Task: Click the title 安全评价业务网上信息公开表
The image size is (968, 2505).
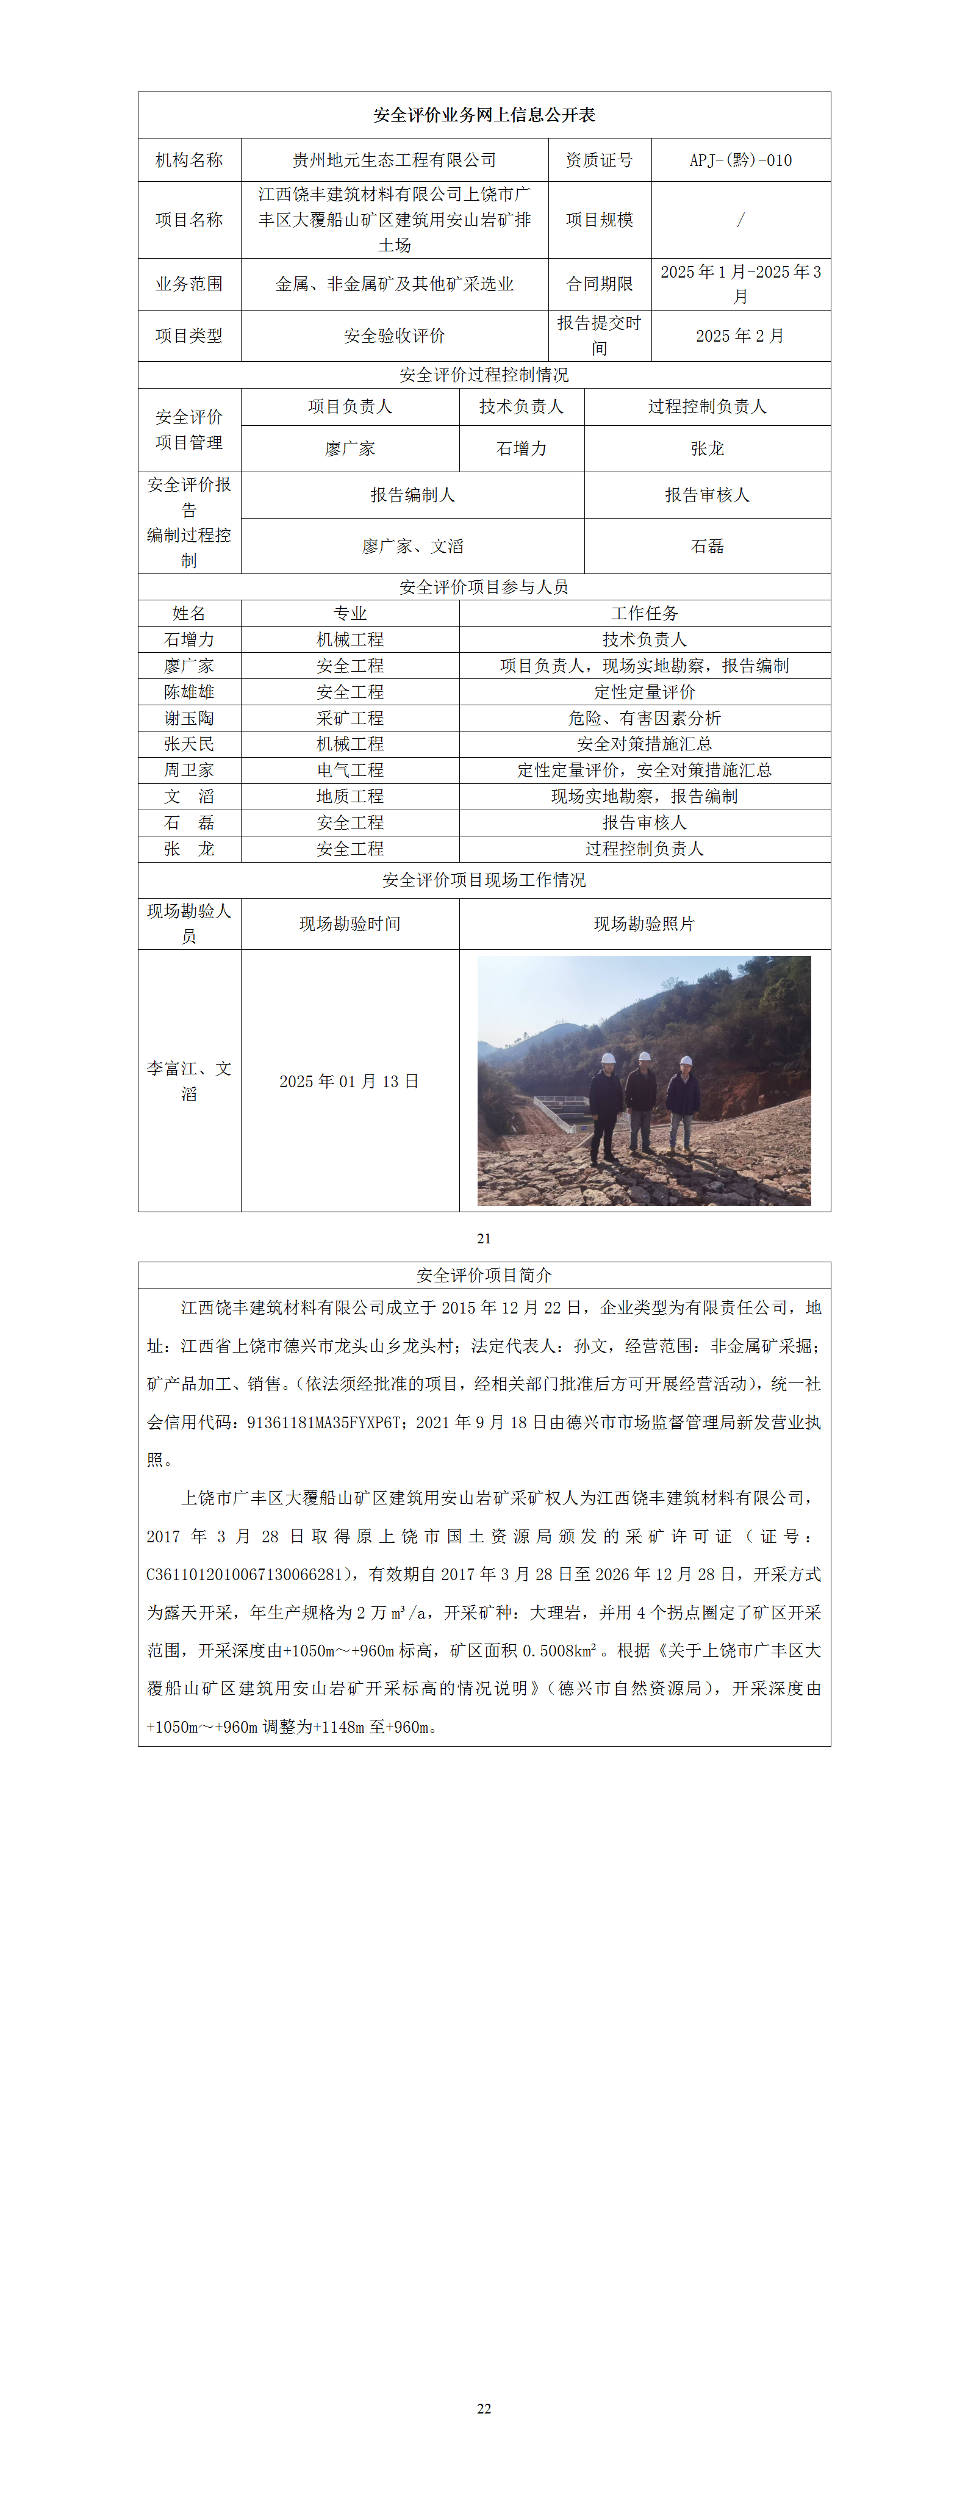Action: tap(484, 115)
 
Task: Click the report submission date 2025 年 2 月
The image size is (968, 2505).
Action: tap(740, 336)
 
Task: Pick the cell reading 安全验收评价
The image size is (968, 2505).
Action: tap(395, 336)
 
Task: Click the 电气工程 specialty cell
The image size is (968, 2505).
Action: tap(350, 769)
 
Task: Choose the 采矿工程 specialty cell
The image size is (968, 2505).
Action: tap(350, 717)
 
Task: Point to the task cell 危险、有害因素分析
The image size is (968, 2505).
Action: tap(644, 717)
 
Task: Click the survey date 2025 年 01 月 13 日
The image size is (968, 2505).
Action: tap(349, 1081)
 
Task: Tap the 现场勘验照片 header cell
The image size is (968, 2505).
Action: tap(644, 924)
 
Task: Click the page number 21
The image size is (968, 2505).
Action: tap(484, 1238)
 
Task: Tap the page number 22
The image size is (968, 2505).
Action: tap(484, 2408)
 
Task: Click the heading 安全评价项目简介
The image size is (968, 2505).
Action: tap(484, 1275)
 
